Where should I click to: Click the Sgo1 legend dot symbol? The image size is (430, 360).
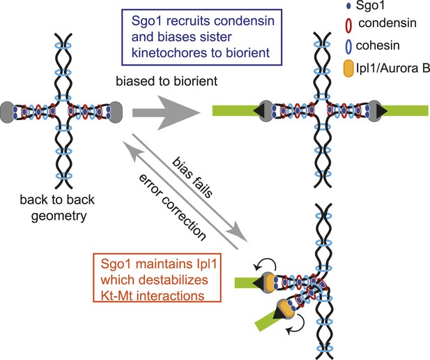349,6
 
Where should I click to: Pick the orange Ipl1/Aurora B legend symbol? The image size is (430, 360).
348,69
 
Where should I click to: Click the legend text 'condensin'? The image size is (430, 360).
387,23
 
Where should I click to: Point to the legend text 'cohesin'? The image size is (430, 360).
378,45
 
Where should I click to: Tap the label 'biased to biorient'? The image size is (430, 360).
167,81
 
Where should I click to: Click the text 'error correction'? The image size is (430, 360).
172,207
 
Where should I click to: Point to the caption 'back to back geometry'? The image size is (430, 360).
57,208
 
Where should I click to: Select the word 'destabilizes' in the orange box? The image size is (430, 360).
174,280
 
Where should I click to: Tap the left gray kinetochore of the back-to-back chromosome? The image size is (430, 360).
8,112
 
